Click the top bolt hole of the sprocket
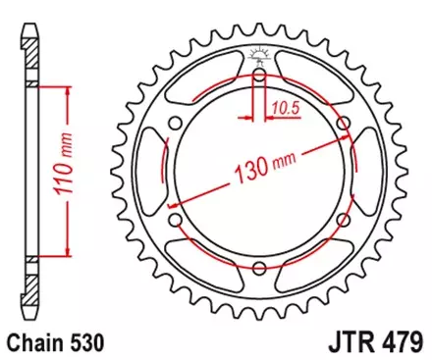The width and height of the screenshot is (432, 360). tap(258, 76)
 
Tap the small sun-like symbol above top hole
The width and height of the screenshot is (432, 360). tap(258, 53)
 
